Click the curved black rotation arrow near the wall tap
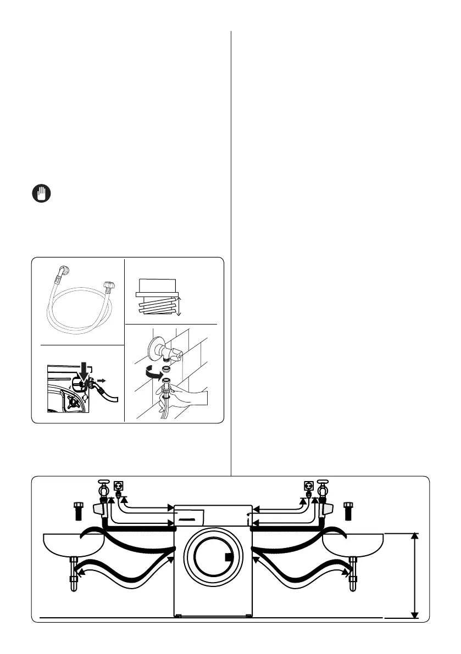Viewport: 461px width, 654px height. tap(151, 374)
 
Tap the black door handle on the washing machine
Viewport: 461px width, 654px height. tap(229, 559)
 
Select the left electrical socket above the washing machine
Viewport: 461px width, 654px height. tap(118, 486)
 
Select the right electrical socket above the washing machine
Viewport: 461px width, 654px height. tap(308, 486)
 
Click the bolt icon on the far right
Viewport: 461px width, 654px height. tap(348, 510)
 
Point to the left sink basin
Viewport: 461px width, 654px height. tap(74, 544)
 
